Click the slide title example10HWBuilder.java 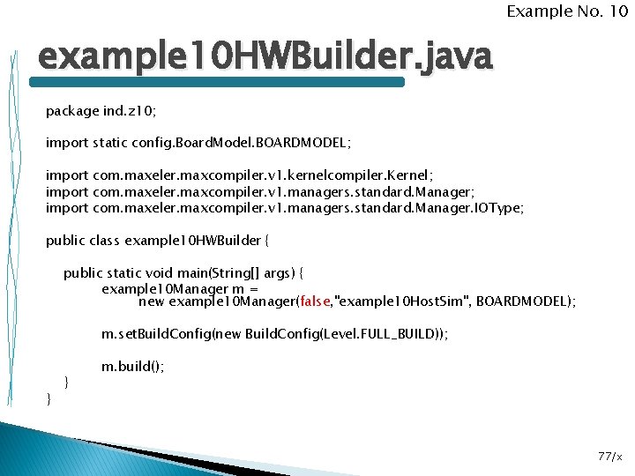click(x=265, y=58)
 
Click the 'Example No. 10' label click(x=566, y=11)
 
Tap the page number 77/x click(x=609, y=456)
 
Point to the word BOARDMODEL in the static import click(x=305, y=141)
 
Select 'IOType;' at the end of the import click(x=498, y=208)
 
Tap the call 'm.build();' click(x=133, y=366)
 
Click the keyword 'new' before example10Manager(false click(x=152, y=301)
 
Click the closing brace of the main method click(x=67, y=382)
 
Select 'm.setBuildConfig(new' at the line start click(x=171, y=335)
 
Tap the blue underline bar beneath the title click(x=217, y=82)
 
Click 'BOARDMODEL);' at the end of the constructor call click(x=532, y=301)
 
